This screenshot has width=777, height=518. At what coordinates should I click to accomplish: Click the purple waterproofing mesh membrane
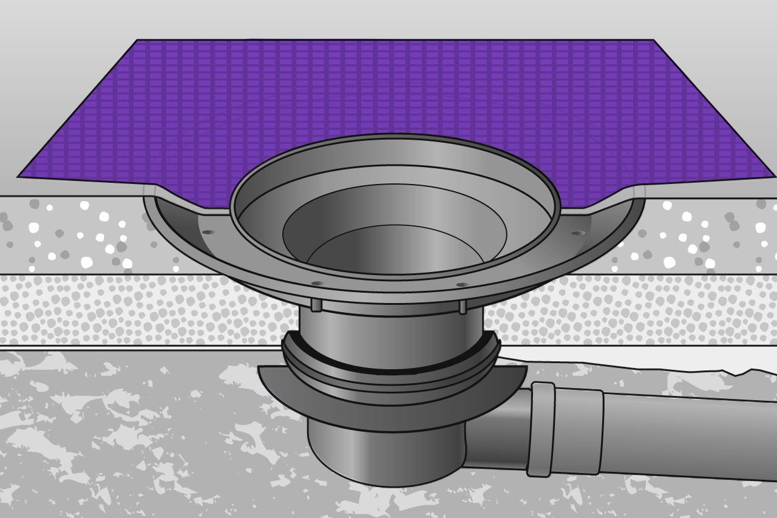point(388,91)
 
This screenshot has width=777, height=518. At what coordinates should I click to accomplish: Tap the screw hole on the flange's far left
point(208,232)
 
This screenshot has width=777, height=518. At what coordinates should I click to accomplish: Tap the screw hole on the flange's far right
point(577,233)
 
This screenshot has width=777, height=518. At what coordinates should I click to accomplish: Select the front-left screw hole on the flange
point(317,284)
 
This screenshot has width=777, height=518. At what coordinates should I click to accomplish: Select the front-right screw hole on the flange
point(462,284)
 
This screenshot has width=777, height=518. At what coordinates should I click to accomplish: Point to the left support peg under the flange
point(316,304)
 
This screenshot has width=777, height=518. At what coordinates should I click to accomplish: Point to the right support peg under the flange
point(463,307)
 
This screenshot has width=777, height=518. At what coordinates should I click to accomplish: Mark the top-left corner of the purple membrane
point(138,41)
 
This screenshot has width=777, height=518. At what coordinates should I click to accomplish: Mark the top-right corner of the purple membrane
point(653,41)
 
